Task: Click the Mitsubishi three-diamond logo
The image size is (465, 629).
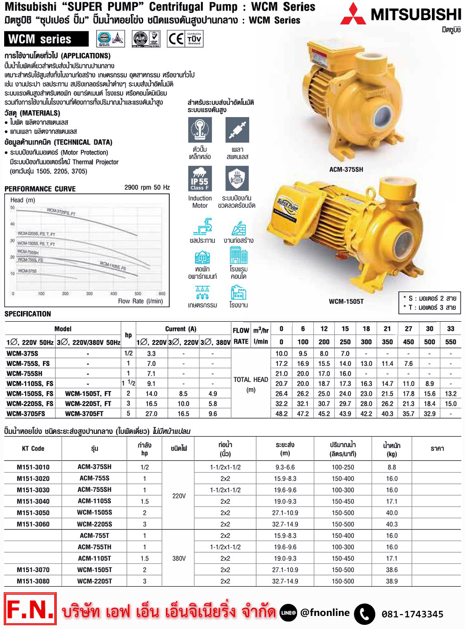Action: [x=353, y=14]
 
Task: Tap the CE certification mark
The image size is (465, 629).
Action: [x=176, y=39]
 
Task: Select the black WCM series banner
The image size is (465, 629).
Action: [x=46, y=39]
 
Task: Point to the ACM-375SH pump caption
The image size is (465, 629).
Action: [x=346, y=169]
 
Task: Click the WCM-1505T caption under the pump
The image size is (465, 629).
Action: [x=346, y=301]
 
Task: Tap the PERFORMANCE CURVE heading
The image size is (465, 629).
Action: [x=40, y=189]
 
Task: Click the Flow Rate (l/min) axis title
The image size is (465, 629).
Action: [x=140, y=301]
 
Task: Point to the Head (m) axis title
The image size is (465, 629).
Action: [x=23, y=200]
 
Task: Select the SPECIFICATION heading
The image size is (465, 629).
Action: [x=28, y=314]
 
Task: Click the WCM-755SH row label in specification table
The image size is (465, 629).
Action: [x=24, y=373]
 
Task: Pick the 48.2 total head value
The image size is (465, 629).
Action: [x=281, y=413]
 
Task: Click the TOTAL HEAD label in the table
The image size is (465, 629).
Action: [x=251, y=379]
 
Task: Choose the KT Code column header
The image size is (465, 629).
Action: [x=33, y=448]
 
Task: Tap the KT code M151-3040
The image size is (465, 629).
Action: [x=33, y=501]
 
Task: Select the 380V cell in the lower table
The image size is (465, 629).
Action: [x=179, y=558]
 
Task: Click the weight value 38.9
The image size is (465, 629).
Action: [x=392, y=581]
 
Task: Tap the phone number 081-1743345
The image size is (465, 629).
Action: [x=412, y=614]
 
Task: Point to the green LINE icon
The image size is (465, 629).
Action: [x=288, y=613]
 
